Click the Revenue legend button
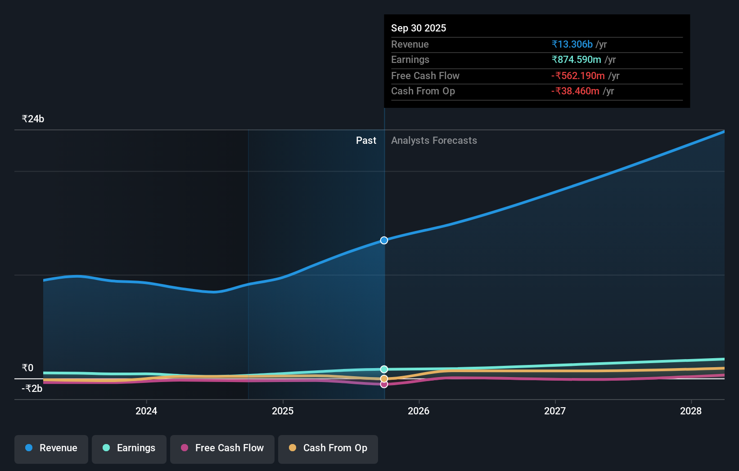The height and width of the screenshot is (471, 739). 51,448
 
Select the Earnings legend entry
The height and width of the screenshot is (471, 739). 129,448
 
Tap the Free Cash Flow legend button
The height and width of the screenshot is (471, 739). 222,448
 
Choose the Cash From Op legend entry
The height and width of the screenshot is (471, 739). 328,448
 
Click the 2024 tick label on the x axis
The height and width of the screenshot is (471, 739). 146,411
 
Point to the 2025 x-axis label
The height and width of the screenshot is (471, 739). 283,411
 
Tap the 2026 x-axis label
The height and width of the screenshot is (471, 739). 419,411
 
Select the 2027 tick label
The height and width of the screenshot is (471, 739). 555,411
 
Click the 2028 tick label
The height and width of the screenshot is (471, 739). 691,411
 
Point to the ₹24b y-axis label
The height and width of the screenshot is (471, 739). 33,119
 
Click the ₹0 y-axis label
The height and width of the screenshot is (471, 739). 27,368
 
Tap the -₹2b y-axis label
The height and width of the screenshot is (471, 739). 32,389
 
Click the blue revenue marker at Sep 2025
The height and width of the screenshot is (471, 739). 384,240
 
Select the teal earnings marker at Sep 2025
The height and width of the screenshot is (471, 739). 384,369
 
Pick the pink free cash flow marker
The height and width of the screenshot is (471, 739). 384,384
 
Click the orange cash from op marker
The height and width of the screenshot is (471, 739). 384,379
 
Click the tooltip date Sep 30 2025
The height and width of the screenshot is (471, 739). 419,28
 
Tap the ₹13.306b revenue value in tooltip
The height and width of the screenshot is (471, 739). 572,44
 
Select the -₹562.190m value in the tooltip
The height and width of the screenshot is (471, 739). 578,76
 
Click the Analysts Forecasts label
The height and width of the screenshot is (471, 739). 434,141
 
